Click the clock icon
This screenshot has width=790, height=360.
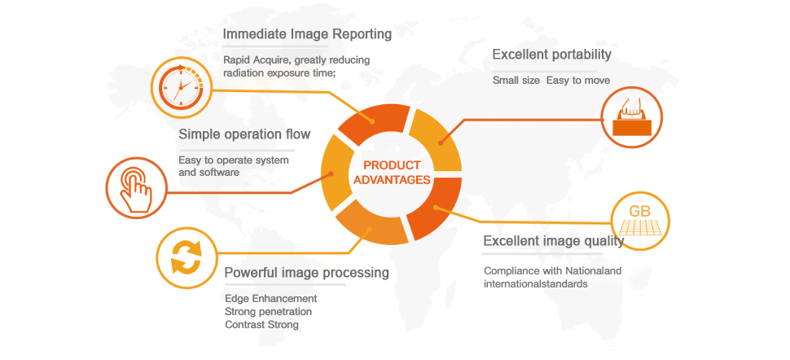[182, 84]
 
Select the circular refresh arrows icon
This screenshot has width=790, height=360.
[185, 258]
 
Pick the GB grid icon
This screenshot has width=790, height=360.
[641, 219]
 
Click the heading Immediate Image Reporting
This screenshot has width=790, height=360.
[307, 34]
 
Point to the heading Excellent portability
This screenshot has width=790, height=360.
[551, 55]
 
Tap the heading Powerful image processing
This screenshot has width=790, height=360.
[306, 272]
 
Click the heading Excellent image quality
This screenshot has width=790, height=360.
[553, 241]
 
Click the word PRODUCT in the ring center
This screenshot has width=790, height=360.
[392, 165]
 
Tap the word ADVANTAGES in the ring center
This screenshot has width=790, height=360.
[392, 179]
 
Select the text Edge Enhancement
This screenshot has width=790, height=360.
[270, 299]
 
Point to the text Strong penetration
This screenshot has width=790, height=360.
[268, 312]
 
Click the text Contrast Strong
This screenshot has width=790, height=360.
[261, 325]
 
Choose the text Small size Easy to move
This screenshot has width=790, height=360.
[551, 81]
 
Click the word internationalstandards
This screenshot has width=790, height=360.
[535, 284]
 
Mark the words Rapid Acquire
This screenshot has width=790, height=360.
[257, 59]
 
